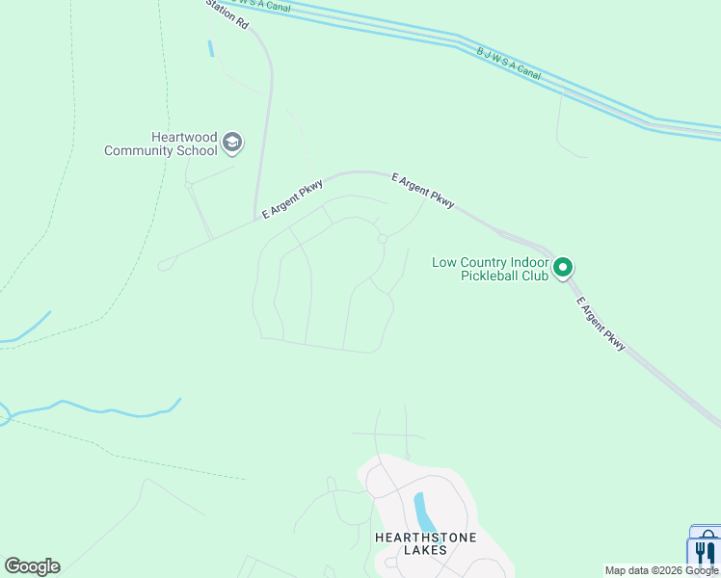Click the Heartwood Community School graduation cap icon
(x=231, y=144)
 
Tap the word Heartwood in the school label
(x=184, y=138)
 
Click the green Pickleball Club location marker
(x=564, y=267)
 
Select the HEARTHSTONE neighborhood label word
(x=425, y=537)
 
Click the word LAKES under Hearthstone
(x=425, y=550)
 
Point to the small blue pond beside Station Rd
(x=211, y=46)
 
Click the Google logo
(x=32, y=566)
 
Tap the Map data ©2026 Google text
(x=661, y=570)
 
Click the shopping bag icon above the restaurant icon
(x=708, y=533)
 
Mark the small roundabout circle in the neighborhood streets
(x=382, y=239)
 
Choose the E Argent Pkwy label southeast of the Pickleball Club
(x=601, y=324)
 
